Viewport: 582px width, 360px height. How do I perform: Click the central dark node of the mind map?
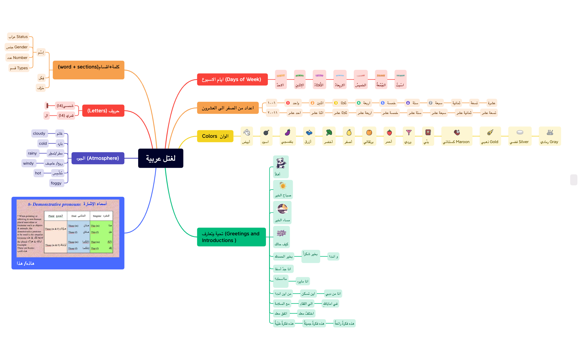[161, 158]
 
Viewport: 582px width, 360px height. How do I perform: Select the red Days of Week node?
[232, 79]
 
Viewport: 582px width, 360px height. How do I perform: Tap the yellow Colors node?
[215, 136]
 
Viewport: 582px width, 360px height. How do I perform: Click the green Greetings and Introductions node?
[231, 237]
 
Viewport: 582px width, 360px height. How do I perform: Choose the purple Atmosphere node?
[98, 158]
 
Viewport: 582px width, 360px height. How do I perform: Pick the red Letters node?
[103, 111]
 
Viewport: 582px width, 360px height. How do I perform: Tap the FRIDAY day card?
[381, 80]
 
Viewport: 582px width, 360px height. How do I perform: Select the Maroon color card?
[456, 136]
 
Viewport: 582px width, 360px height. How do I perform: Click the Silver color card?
[519, 136]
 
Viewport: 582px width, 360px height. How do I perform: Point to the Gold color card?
[490, 136]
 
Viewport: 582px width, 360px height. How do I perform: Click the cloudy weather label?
[39, 133]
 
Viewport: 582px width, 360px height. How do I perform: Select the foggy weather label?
[56, 183]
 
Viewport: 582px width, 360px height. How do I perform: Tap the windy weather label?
[28, 163]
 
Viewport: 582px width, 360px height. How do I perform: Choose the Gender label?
[17, 47]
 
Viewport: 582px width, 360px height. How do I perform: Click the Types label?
[19, 68]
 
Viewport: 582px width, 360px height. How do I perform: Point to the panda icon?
[281, 163]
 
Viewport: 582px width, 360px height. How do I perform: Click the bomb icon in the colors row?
[266, 132]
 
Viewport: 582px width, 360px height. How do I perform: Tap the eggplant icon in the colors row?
[288, 132]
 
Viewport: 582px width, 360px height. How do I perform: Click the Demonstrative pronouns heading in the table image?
[54, 204]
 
